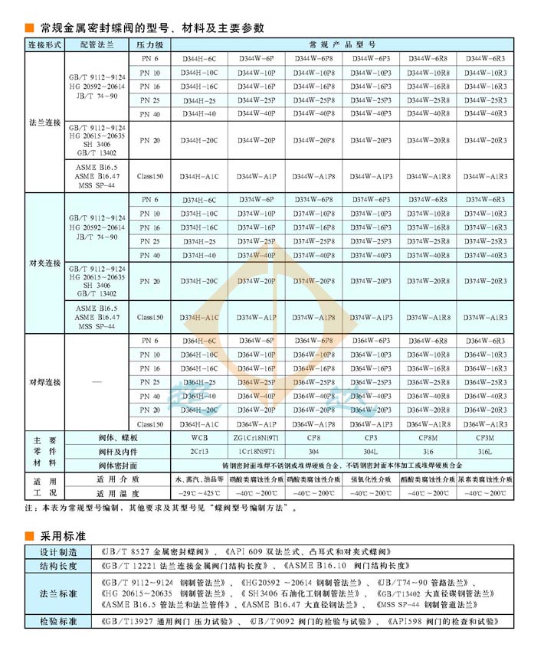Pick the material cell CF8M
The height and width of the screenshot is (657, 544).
pyautogui.click(x=428, y=439)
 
